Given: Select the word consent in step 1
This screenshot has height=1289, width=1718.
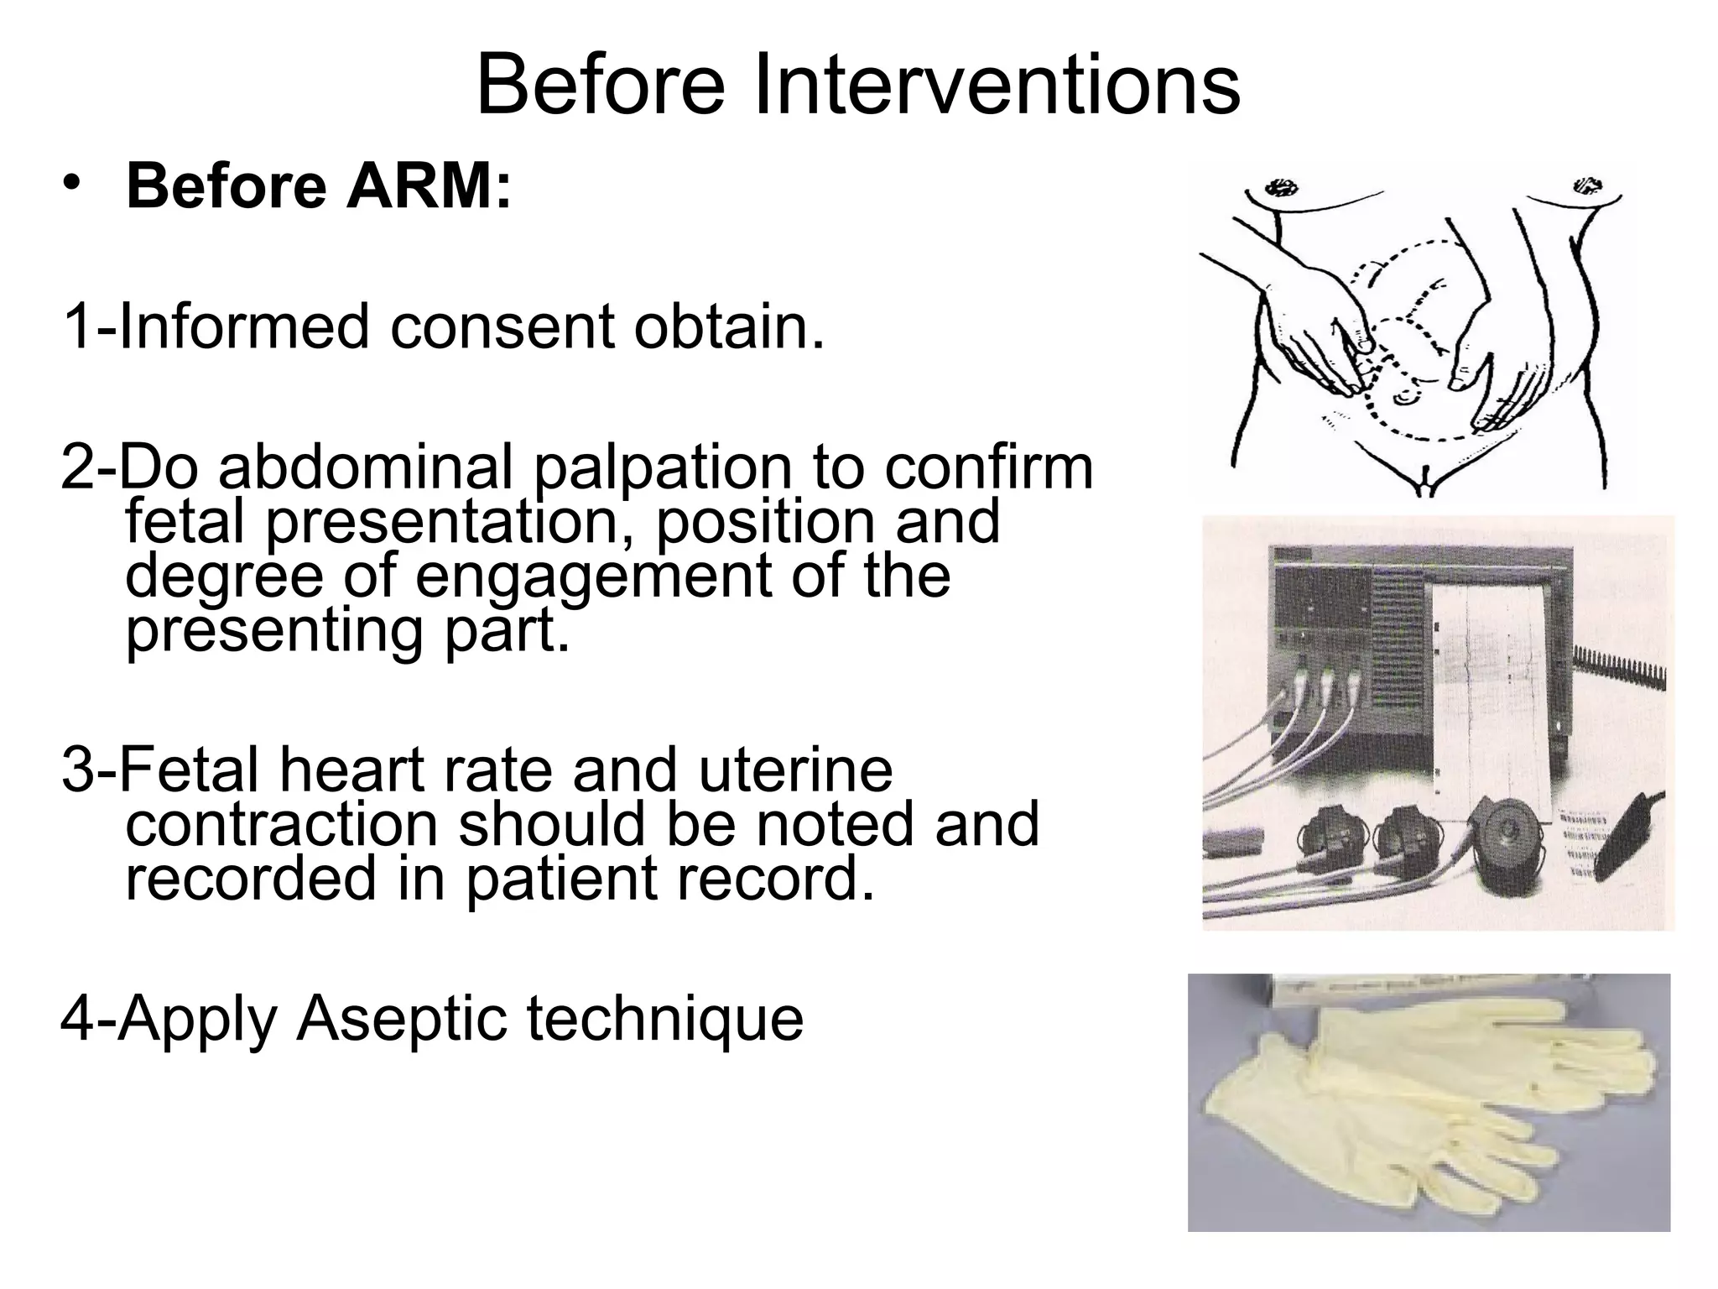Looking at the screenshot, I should [x=502, y=326].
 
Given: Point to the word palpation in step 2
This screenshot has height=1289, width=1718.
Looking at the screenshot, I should [x=663, y=467].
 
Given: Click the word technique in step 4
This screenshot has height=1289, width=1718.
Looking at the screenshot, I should [x=664, y=1020].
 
